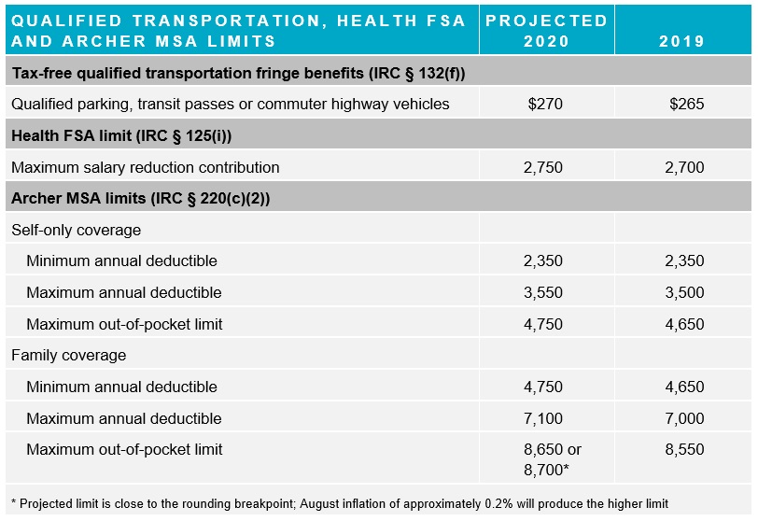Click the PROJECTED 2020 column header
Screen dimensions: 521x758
(x=546, y=30)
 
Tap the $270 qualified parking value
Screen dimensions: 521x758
(x=545, y=104)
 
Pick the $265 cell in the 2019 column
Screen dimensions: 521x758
(x=686, y=104)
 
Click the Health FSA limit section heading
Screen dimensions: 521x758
(x=121, y=136)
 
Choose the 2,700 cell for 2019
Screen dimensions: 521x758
(x=686, y=168)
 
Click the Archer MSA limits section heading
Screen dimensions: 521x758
(x=141, y=199)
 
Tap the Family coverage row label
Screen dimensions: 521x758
(x=68, y=355)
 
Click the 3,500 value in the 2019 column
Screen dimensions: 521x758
(x=686, y=292)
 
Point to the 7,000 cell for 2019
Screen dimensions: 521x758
(x=686, y=418)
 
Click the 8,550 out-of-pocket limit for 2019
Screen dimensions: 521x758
(x=686, y=449)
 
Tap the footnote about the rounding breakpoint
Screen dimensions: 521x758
(x=340, y=504)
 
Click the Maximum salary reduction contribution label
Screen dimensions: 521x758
(x=146, y=168)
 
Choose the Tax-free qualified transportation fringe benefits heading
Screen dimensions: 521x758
(x=238, y=73)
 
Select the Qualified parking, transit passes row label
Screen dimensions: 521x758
(x=231, y=104)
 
